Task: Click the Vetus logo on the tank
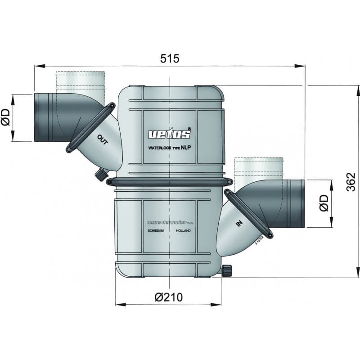tap(170, 134)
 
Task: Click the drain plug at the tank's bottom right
tap(227, 270)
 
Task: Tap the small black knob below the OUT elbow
tap(100, 174)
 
